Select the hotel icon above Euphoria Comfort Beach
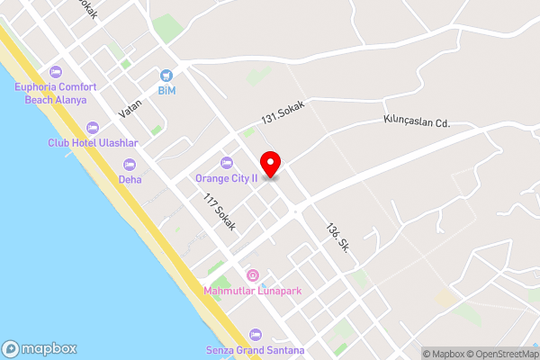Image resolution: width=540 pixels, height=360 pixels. pyautogui.click(x=56, y=72)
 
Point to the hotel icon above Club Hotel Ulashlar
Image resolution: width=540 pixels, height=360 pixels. pyautogui.click(x=92, y=127)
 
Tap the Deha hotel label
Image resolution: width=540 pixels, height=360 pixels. pyautogui.click(x=130, y=179)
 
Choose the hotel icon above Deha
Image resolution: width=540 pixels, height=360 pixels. pyautogui.click(x=129, y=164)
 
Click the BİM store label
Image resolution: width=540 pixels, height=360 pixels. pyautogui.click(x=166, y=91)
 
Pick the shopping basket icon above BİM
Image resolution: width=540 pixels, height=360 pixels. pyautogui.click(x=166, y=76)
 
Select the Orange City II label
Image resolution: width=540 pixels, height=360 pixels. pyautogui.click(x=227, y=178)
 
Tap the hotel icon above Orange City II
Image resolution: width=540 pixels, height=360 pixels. pyautogui.click(x=227, y=163)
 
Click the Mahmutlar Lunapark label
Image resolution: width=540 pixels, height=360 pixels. pyautogui.click(x=252, y=291)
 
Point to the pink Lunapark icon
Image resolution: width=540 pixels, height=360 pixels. pyautogui.click(x=253, y=275)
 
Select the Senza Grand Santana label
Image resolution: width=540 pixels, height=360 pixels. pyautogui.click(x=256, y=349)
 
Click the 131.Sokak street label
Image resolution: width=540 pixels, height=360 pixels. pyautogui.click(x=283, y=112)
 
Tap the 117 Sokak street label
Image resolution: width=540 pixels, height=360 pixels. pyautogui.click(x=219, y=212)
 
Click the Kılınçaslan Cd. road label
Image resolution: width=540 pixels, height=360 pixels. pyautogui.click(x=416, y=121)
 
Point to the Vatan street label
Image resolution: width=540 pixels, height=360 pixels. pyautogui.click(x=130, y=108)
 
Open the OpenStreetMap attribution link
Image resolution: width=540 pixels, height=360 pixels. pyautogui.click(x=502, y=354)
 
